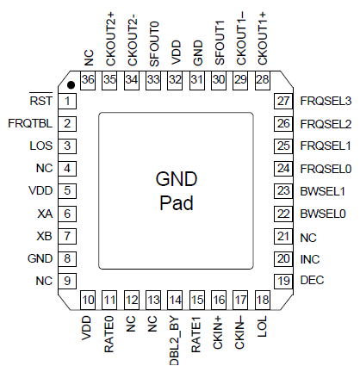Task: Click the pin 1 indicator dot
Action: click(71, 84)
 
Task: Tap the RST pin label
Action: click(41, 101)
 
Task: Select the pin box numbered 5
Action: click(67, 190)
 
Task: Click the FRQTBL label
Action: click(30, 123)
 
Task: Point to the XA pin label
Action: click(45, 214)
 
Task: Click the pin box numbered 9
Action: click(67, 281)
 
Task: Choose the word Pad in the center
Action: click(177, 203)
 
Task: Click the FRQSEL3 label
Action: click(326, 101)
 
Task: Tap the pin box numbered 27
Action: click(283, 101)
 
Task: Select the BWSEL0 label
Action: click(323, 214)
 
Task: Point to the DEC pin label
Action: click(312, 280)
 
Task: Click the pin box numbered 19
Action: click(283, 281)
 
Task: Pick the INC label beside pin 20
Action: click(310, 259)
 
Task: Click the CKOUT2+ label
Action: click(110, 40)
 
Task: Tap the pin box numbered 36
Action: click(88, 80)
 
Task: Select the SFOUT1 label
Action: click(220, 43)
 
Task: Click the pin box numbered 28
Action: click(263, 80)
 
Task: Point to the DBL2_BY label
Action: click(175, 341)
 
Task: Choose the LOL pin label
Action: click(263, 326)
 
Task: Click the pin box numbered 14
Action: click(175, 301)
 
